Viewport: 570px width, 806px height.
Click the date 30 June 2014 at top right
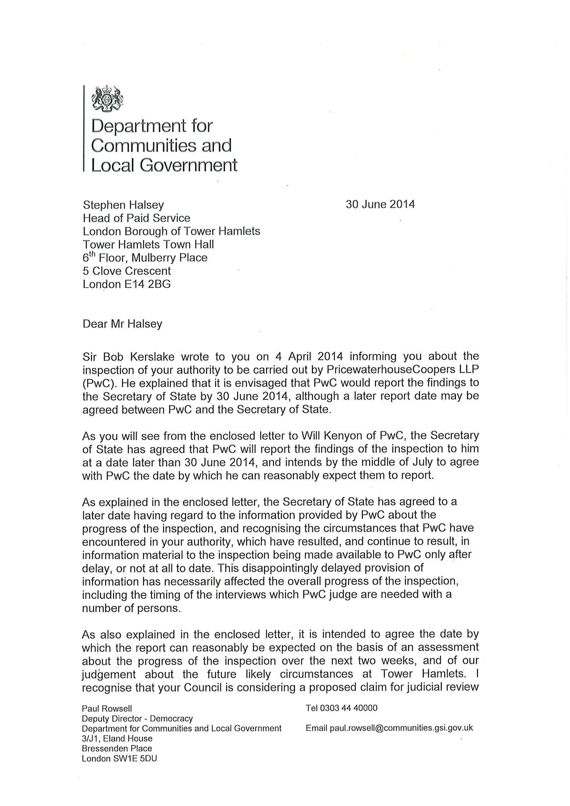point(380,204)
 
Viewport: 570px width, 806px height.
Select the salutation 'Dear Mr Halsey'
point(122,324)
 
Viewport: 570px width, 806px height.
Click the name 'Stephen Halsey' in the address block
point(123,205)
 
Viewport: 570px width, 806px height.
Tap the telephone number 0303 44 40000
point(352,708)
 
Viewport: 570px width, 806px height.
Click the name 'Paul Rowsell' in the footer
point(107,709)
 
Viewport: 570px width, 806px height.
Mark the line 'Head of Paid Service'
point(136,218)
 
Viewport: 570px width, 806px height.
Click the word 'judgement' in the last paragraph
point(109,674)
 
